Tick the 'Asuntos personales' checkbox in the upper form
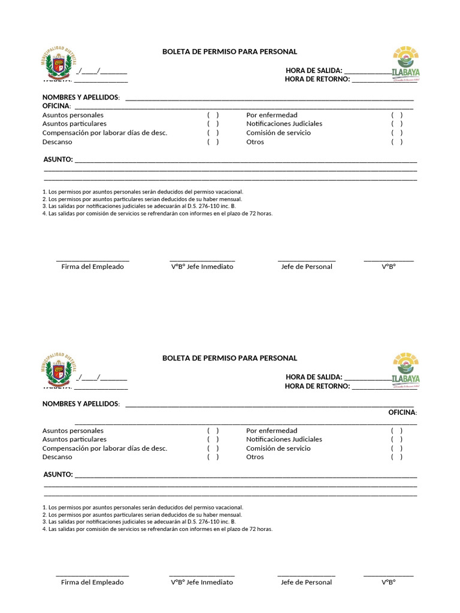coord(213,115)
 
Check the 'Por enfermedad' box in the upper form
coord(397,115)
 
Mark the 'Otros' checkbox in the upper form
coord(397,142)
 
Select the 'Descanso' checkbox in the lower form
coord(213,457)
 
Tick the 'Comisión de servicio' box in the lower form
coord(397,448)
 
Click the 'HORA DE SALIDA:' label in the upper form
coord(314,71)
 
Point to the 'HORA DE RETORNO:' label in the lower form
coord(317,386)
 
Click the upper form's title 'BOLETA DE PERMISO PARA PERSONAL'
coord(229,52)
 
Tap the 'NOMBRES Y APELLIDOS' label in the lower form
coord(81,403)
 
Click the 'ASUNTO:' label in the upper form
coord(58,159)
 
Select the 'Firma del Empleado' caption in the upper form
coord(92,266)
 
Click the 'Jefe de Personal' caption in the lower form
coord(306,582)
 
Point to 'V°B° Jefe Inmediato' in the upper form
coord(202,266)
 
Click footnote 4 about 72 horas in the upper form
coord(158,213)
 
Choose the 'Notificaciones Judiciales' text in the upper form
coord(284,123)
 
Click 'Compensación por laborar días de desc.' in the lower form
coord(105,448)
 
